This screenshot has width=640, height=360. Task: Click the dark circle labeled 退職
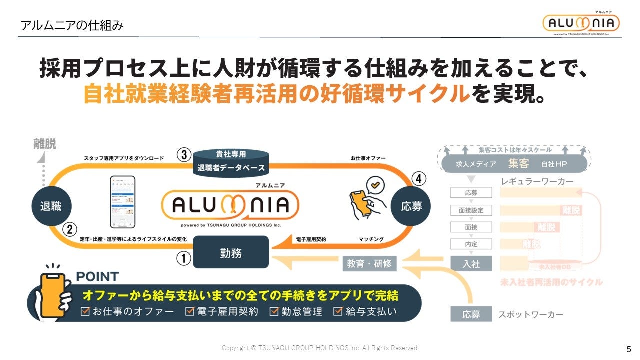(x=51, y=206)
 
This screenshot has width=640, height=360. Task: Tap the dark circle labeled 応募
(x=411, y=206)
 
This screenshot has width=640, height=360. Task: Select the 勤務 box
(x=231, y=253)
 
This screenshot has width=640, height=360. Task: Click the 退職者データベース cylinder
(x=230, y=161)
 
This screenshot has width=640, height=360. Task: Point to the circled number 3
(x=184, y=155)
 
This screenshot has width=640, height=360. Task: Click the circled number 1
(x=184, y=258)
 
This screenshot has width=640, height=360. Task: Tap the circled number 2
(x=69, y=230)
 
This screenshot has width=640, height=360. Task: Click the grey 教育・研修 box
(x=369, y=264)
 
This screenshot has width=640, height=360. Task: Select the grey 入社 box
(x=471, y=263)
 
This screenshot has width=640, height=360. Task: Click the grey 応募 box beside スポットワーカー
(x=471, y=314)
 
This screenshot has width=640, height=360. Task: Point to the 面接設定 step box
(x=471, y=210)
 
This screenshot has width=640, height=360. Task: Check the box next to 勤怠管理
(x=274, y=312)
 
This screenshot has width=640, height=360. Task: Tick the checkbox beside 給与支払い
(x=338, y=312)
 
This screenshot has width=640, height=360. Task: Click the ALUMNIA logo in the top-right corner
(x=581, y=23)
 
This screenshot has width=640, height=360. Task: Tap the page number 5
(x=628, y=349)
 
